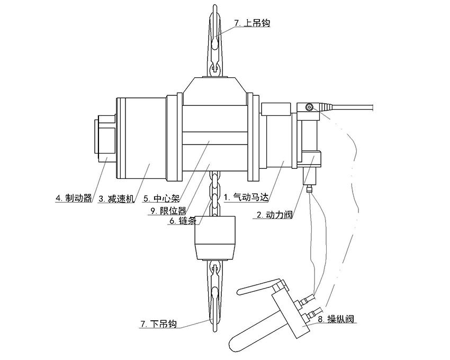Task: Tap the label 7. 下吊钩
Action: (158, 324)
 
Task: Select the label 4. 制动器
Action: (74, 199)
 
